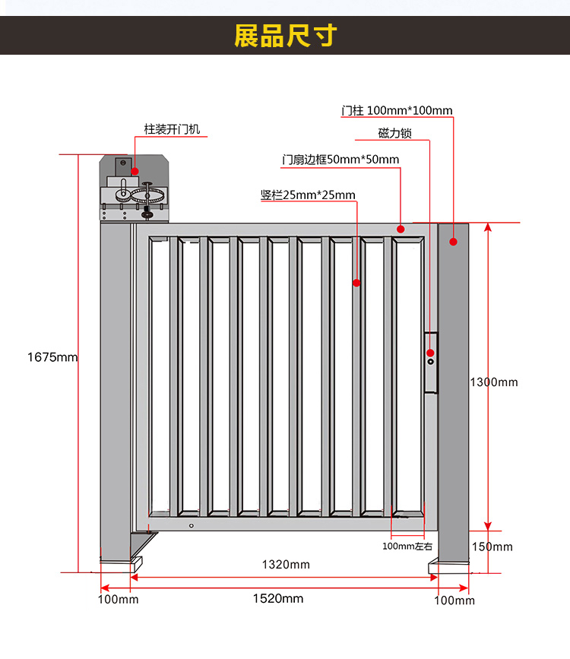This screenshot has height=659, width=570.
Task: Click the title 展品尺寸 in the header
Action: [x=285, y=35]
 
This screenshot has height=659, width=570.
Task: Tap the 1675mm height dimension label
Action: [x=52, y=356]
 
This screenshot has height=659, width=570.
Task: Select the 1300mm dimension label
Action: [x=493, y=382]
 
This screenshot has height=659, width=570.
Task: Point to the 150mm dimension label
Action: [x=492, y=547]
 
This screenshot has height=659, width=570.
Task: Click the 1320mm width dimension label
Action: [x=286, y=564]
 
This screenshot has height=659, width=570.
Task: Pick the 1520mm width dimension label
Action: [x=277, y=598]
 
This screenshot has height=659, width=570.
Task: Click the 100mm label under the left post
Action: [x=118, y=600]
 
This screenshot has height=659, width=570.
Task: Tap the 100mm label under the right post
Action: [x=454, y=600]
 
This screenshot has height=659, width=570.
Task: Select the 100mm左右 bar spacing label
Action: [x=407, y=546]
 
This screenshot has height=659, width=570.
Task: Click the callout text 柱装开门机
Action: [x=173, y=129]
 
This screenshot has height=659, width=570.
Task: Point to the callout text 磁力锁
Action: [x=394, y=133]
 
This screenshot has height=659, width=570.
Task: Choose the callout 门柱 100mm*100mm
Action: [x=397, y=110]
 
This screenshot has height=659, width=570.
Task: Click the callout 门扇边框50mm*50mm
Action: [x=340, y=160]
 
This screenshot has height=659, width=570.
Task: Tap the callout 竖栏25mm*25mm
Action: [x=308, y=195]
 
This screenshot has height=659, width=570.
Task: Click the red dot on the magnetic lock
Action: [x=430, y=353]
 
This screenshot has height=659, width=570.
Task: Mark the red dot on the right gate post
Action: [x=453, y=242]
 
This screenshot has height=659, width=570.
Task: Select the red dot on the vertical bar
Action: [x=356, y=283]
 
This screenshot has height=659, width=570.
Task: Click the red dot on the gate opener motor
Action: [x=135, y=171]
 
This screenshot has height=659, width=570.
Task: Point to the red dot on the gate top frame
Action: [x=401, y=228]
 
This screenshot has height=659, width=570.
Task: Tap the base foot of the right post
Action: [x=450, y=566]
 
